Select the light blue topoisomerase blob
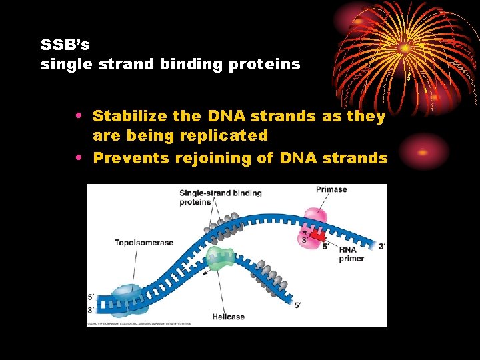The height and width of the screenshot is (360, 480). click(127, 298)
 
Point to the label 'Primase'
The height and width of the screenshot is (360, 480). click(331, 189)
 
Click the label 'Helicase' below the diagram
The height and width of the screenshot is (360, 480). click(229, 317)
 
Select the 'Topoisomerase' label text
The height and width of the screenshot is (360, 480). click(143, 243)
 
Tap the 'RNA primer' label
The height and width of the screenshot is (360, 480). click(351, 254)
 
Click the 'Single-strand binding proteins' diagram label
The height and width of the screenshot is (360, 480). click(220, 197)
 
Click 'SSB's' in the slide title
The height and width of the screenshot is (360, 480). click(65, 45)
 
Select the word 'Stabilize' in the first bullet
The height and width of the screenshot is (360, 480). click(129, 116)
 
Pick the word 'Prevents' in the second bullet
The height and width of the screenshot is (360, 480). click(131, 158)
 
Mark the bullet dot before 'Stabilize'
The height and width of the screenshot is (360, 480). click(79, 116)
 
